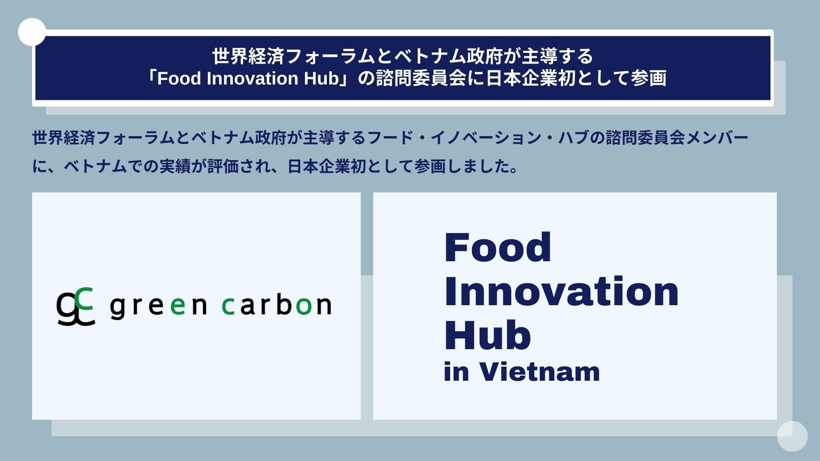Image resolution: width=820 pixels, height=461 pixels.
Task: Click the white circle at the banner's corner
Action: pyautogui.click(x=32, y=32)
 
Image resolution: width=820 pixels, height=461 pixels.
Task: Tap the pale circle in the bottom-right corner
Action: pyautogui.click(x=792, y=436)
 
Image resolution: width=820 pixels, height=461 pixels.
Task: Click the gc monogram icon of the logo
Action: pyautogui.click(x=76, y=306)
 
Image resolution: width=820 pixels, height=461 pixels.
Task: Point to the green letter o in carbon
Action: pyautogui.click(x=304, y=306)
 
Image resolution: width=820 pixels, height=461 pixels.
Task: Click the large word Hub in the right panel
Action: pyautogui.click(x=488, y=335)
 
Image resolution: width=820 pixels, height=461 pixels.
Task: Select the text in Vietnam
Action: pyautogui.click(x=522, y=371)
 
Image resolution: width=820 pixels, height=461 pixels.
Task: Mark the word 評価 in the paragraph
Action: pyautogui.click(x=223, y=166)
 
